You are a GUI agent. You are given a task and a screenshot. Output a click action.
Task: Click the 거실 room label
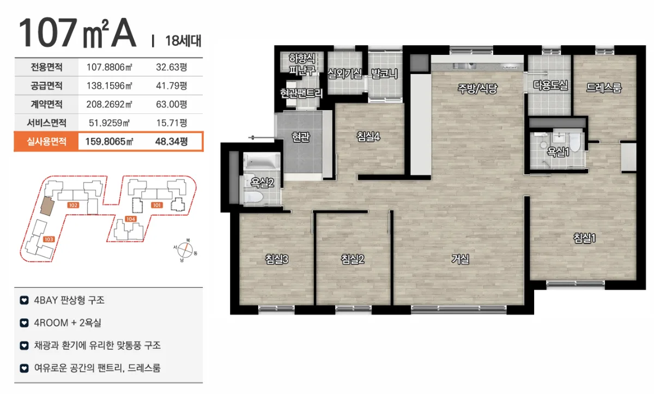coord(460,259)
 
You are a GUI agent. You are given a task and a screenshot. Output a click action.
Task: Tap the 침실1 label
coord(584,238)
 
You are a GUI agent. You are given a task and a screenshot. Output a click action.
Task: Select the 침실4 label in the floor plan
coord(368,136)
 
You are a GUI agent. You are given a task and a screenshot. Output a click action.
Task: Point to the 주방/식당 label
coord(477,88)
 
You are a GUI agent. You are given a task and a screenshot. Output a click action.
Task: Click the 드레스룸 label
coord(604,88)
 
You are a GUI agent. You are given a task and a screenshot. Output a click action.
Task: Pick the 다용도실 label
coord(550,85)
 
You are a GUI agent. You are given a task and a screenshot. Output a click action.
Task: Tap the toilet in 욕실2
coord(253,196)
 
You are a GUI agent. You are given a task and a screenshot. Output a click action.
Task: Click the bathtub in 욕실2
coord(261,161)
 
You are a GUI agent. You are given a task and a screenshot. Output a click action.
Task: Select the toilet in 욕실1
coord(575,142)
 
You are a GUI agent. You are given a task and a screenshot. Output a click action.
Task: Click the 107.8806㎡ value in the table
coord(109,67)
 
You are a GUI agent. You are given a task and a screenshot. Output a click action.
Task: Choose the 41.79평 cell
coord(171,86)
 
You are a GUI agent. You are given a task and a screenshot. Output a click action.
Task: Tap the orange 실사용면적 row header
coord(46,142)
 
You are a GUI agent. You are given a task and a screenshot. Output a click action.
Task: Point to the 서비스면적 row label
coord(46,123)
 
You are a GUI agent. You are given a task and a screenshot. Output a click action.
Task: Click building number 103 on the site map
coord(49,239)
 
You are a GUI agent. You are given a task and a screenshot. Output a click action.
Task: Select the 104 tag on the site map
coord(130,219)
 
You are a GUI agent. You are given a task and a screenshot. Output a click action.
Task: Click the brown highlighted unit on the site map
coord(47,206)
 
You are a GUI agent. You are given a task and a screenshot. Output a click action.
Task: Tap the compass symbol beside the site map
coord(185,250)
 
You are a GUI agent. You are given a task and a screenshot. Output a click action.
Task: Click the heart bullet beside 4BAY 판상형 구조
coord(24,300)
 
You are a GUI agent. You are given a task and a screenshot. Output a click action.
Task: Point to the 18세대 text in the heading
coord(183,41)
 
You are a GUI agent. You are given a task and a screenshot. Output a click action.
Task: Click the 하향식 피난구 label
coord(302,64)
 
